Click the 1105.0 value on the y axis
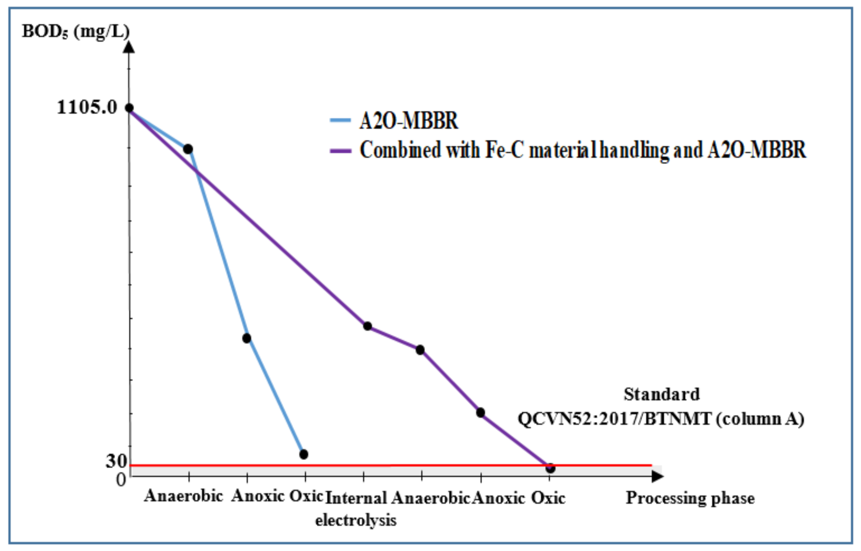pyautogui.click(x=87, y=107)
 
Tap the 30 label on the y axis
pyautogui.click(x=116, y=461)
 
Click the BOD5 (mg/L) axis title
pyautogui.click(x=76, y=32)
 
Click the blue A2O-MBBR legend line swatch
pyautogui.click(x=340, y=120)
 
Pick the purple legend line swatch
pyautogui.click(x=340, y=151)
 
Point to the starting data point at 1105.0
pyautogui.click(x=130, y=108)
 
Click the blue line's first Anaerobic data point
pyautogui.click(x=188, y=149)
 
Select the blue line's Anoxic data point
pyautogui.click(x=246, y=338)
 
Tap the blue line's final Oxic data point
pyautogui.click(x=304, y=454)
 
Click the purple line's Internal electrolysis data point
pyautogui.click(x=367, y=326)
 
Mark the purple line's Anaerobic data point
pyautogui.click(x=420, y=350)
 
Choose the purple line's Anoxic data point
pyautogui.click(x=480, y=413)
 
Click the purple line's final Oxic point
pyautogui.click(x=551, y=468)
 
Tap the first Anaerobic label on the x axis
pyautogui.click(x=184, y=496)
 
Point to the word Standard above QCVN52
pyautogui.click(x=662, y=394)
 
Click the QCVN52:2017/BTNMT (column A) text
pyautogui.click(x=661, y=419)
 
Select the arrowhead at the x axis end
pyautogui.click(x=657, y=476)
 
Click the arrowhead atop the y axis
pyautogui.click(x=129, y=47)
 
